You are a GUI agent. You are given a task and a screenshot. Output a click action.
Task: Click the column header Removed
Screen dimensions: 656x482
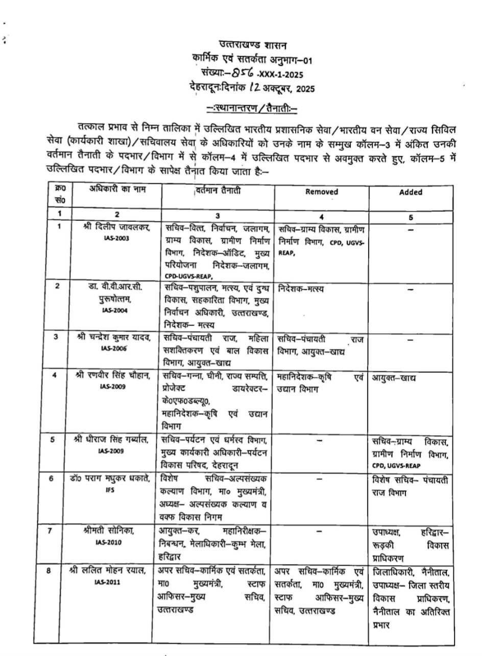pyautogui.click(x=322, y=192)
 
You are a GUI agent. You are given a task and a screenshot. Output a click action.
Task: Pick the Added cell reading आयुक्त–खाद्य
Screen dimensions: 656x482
pyautogui.click(x=393, y=378)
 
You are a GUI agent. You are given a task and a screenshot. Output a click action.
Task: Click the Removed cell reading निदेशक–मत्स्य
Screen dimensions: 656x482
pyautogui.click(x=301, y=289)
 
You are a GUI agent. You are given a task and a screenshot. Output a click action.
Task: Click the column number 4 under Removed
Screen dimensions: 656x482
pyautogui.click(x=321, y=216)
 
